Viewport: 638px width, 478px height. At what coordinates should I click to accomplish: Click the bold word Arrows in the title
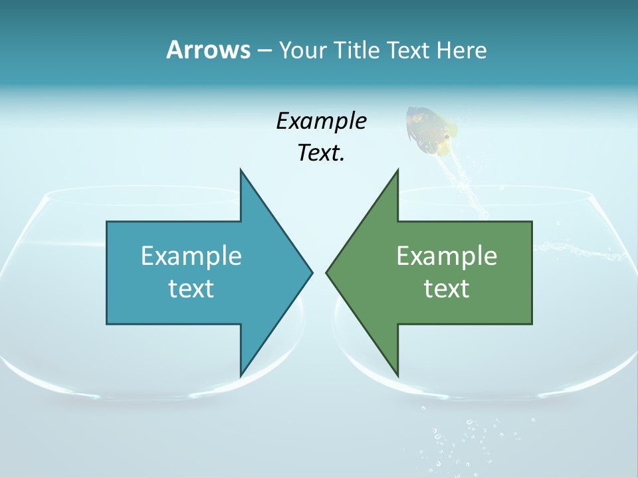point(208,50)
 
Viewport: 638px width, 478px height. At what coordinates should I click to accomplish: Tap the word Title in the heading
point(357,50)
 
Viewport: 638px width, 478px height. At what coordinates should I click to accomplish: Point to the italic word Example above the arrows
point(321,121)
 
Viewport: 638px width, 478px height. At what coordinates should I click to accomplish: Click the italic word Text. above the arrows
point(321,153)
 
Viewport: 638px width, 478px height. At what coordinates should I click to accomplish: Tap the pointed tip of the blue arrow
point(310,272)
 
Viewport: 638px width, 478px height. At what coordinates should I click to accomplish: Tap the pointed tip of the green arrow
point(328,272)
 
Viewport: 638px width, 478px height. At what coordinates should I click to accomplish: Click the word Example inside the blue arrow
point(191,256)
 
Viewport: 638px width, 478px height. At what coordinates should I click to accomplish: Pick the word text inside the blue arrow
point(191,288)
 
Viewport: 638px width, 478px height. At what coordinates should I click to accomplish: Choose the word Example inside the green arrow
point(447,256)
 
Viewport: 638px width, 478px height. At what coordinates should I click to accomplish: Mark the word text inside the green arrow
point(447,288)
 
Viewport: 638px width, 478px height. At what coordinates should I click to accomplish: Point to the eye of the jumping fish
point(445,137)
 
